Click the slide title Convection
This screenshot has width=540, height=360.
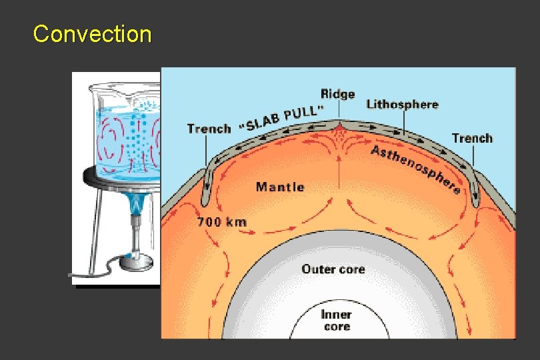click(92, 34)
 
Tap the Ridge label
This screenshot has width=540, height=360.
click(337, 94)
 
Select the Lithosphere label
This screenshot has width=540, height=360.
click(402, 104)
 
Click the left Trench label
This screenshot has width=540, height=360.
click(209, 129)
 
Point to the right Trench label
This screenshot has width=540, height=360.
click(472, 139)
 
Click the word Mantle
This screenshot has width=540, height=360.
click(280, 187)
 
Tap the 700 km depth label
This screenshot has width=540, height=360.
click(221, 222)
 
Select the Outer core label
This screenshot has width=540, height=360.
click(333, 269)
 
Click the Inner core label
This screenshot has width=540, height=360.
click(337, 320)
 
